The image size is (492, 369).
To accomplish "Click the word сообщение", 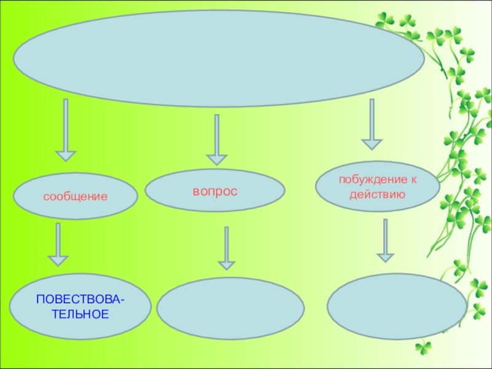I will pyautogui.click(x=75, y=197).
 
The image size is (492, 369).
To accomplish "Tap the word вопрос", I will pyautogui.click(x=215, y=191).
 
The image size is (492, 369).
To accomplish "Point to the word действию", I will pyautogui.click(x=376, y=196).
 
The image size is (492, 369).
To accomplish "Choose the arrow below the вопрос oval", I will pyautogui.click(x=226, y=248).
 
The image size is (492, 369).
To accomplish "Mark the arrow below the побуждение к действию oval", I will pyautogui.click(x=385, y=240).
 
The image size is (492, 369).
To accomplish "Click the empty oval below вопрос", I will pyautogui.click(x=231, y=308).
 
